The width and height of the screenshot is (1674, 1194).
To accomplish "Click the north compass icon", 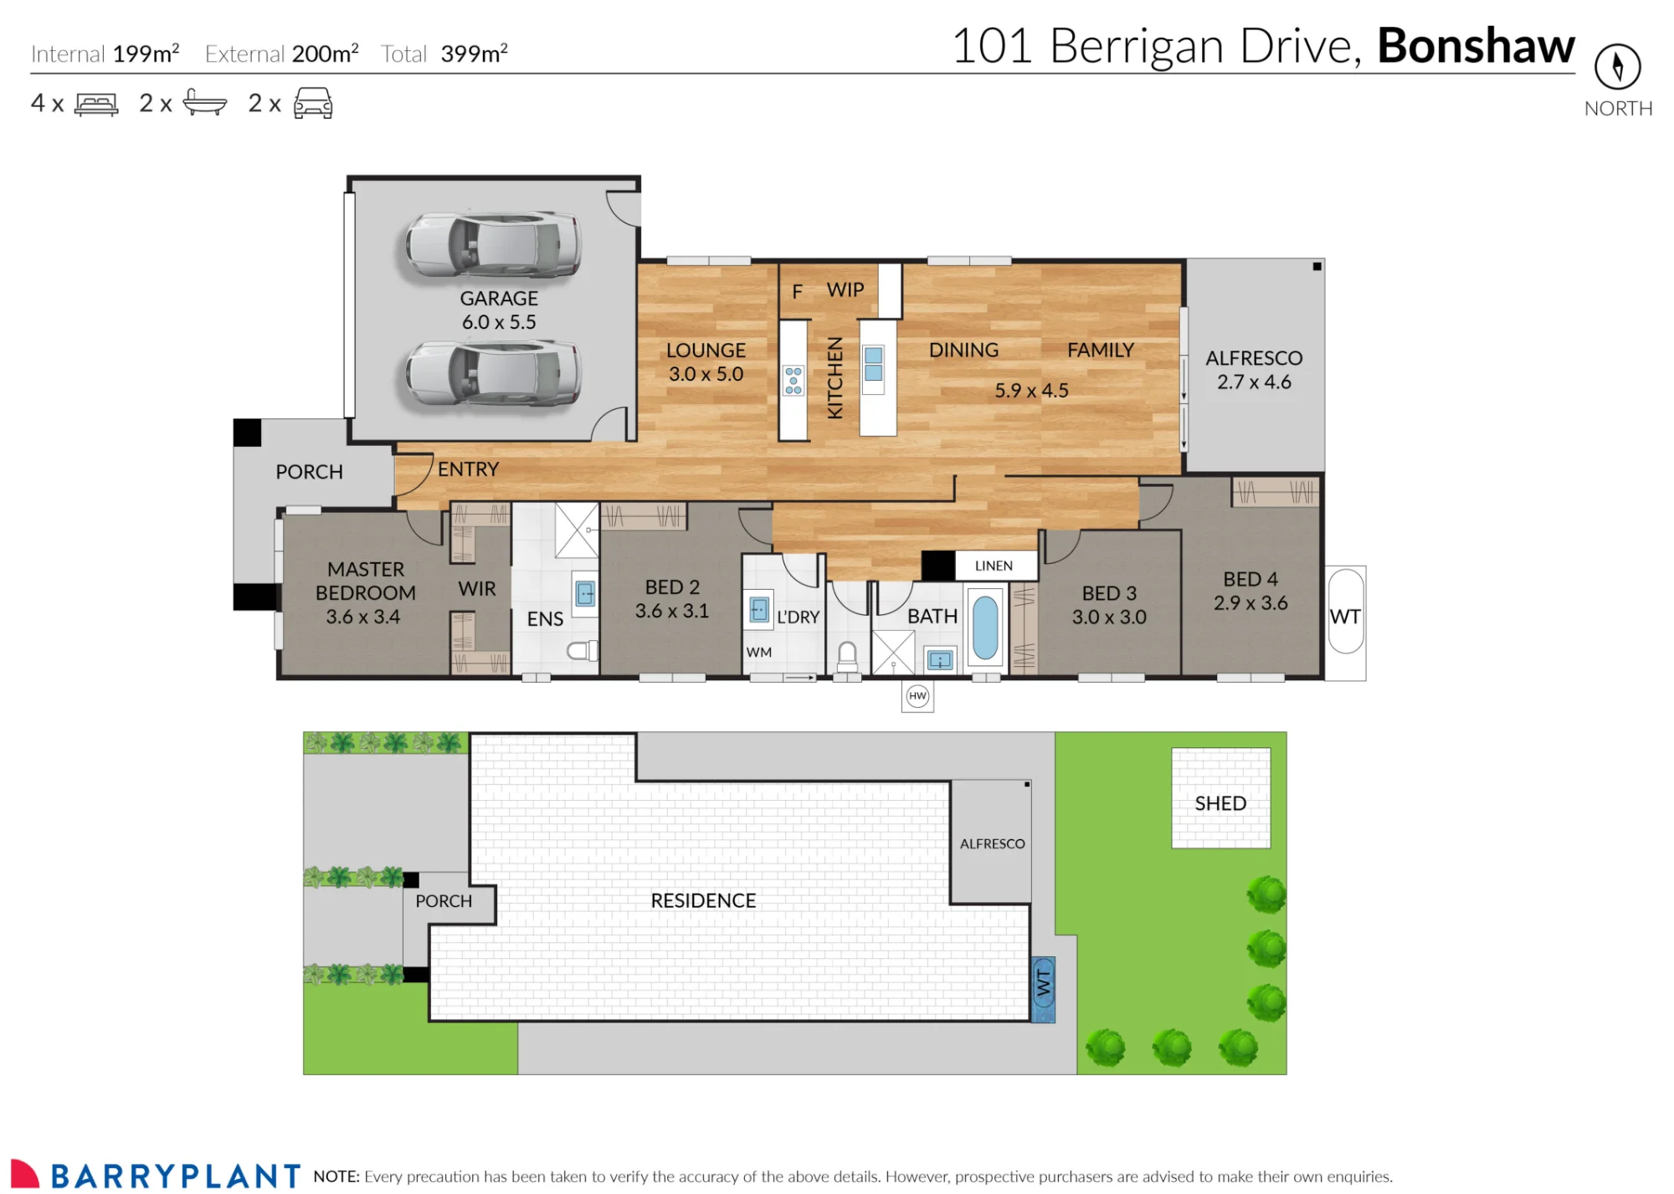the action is tap(1617, 66).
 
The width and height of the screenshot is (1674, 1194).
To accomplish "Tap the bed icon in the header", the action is tap(96, 104).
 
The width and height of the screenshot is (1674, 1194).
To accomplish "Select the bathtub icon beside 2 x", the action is tap(204, 102).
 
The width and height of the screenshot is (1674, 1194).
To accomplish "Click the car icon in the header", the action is tap(313, 103).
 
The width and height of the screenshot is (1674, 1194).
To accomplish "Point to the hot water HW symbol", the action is tap(917, 696).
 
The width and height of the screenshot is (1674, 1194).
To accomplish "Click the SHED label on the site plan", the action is tap(1220, 803).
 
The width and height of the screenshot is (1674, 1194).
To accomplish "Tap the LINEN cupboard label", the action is tap(994, 566).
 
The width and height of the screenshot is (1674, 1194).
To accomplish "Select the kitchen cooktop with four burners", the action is tap(793, 380).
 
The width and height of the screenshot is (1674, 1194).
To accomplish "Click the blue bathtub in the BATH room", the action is tap(985, 628).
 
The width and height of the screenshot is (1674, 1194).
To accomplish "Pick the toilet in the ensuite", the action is tap(582, 650).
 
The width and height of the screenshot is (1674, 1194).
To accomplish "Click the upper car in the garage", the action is tap(493, 244).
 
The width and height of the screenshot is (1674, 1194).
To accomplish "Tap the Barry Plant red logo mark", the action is tap(25, 1173).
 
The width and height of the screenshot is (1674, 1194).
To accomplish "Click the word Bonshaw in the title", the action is tap(1476, 45).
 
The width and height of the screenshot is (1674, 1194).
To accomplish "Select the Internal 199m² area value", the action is tap(146, 54).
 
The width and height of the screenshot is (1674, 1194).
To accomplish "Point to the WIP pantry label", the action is tap(845, 290).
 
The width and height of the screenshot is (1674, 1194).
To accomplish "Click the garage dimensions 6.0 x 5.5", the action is tap(499, 322).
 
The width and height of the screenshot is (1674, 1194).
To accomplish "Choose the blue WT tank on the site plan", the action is tap(1043, 990).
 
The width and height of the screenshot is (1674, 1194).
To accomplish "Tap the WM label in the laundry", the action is tap(759, 652).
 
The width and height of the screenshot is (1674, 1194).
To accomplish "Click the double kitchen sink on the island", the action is tap(874, 363).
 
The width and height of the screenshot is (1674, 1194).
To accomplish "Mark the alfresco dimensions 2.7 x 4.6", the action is tap(1254, 382).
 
